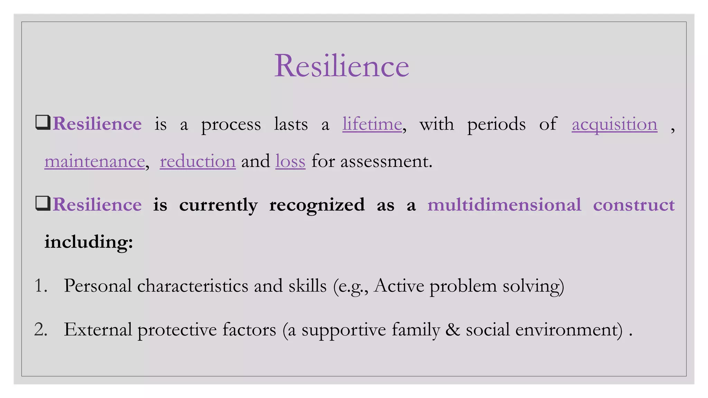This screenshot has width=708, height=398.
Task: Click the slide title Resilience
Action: [342, 66]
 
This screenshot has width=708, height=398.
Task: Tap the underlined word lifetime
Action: [372, 124]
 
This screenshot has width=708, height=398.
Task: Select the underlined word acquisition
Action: [614, 124]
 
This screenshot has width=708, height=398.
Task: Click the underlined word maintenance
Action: [94, 161]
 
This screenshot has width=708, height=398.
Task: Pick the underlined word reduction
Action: [197, 161]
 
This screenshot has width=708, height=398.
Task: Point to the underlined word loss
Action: [290, 161]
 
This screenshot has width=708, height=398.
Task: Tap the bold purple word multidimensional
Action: [504, 205]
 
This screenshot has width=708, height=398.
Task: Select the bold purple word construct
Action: [634, 205]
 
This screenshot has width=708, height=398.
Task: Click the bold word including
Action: [88, 241]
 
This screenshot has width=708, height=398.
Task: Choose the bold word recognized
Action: [317, 205]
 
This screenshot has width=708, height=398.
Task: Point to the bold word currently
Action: [218, 205]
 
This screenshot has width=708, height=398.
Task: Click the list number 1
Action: [40, 286]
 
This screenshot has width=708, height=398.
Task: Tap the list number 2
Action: [40, 329]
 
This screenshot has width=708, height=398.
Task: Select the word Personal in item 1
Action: [97, 286]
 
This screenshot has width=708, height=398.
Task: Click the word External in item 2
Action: [97, 329]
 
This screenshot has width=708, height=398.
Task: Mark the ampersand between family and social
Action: [453, 329]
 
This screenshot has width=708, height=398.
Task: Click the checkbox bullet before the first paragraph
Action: [43, 123]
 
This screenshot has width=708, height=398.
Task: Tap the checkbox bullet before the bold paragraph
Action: [43, 203]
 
